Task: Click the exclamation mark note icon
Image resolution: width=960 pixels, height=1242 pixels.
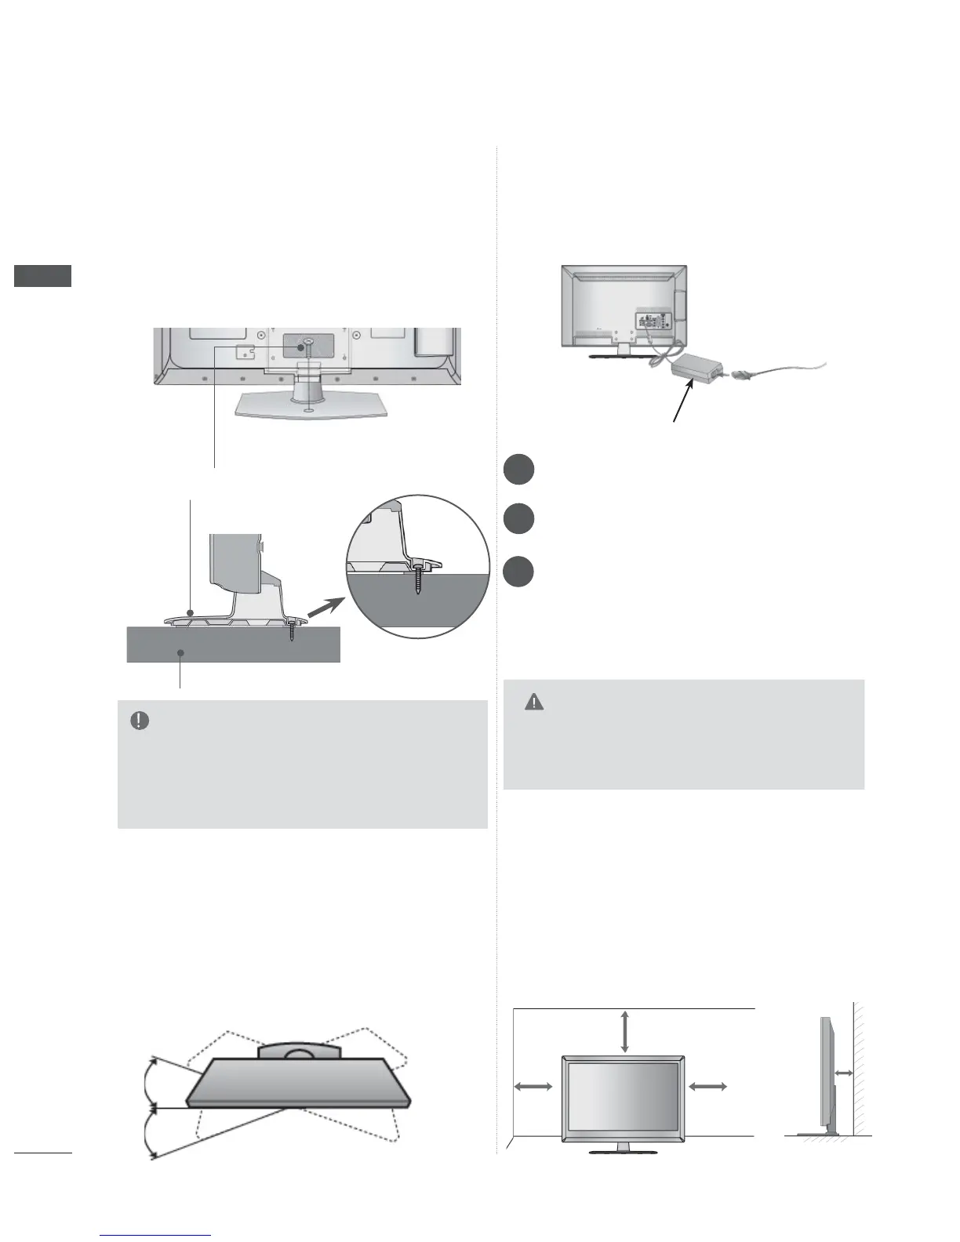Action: tap(140, 721)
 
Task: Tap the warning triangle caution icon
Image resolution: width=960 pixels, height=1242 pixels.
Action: tap(534, 702)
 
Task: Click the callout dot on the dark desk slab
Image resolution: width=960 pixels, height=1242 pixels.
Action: tap(180, 652)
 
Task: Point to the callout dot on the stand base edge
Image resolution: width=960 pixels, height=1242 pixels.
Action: tap(191, 612)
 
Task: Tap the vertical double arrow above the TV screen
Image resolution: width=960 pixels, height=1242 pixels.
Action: tap(624, 1031)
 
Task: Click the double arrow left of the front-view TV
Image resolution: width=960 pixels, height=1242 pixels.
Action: tap(533, 1086)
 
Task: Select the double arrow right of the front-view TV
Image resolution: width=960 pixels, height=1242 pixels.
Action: tap(707, 1086)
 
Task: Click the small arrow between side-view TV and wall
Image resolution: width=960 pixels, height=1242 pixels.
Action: tap(844, 1073)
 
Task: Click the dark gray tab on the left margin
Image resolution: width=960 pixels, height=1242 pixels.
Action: tap(43, 276)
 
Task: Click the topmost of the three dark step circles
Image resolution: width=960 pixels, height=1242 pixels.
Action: tap(518, 470)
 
